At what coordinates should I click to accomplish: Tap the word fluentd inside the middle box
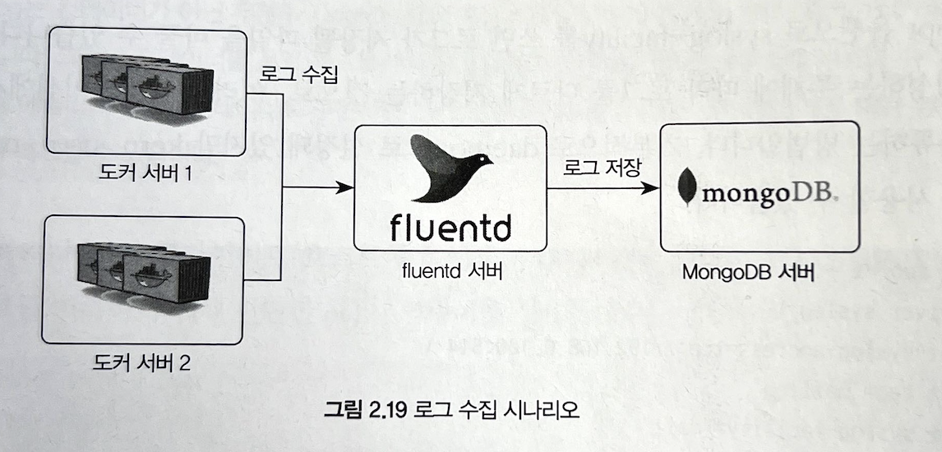click(450, 223)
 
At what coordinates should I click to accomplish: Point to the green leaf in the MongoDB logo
click(686, 187)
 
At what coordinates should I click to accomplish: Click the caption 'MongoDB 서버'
click(759, 273)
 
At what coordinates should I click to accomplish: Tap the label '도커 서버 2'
click(145, 362)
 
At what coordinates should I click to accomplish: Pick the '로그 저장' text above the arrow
click(601, 166)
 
